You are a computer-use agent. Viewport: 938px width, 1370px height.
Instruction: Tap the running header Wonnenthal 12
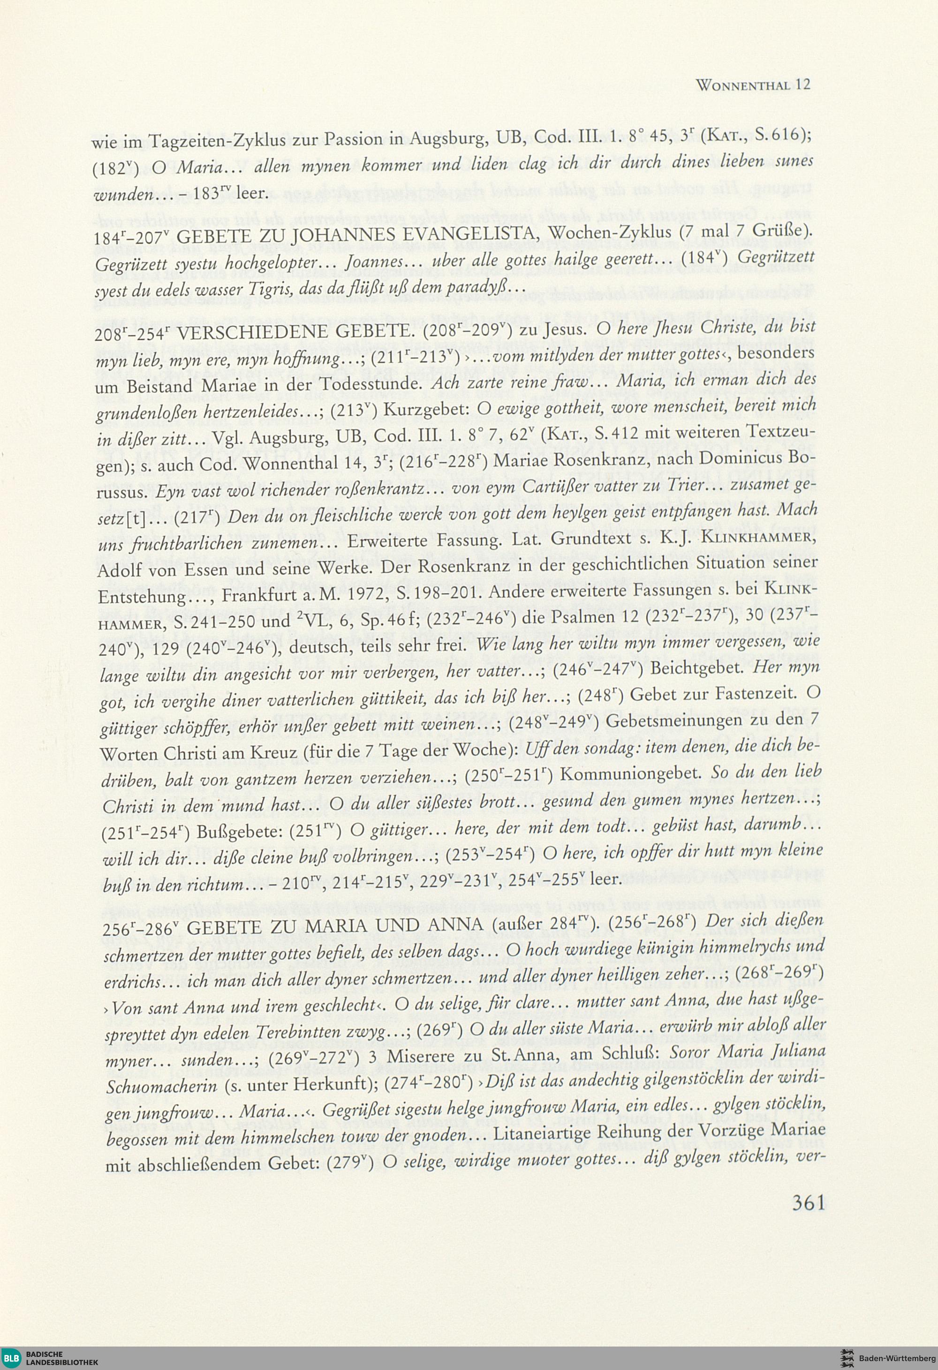tap(752, 84)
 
